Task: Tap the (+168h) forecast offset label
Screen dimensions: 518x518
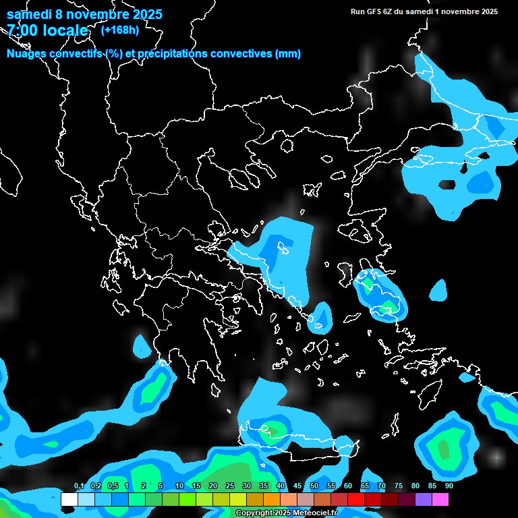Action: point(119,30)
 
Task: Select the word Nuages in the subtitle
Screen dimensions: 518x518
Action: point(25,54)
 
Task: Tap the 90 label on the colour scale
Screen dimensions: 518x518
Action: point(449,486)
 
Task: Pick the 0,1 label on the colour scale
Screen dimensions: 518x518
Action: point(78,486)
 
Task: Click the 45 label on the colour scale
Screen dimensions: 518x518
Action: point(297,486)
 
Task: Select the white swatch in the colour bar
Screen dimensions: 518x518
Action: point(69,499)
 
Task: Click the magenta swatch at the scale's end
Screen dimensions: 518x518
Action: point(440,499)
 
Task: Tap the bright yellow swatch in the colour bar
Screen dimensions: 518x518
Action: point(237,499)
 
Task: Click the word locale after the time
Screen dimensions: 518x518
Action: point(65,30)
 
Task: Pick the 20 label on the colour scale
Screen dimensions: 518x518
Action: point(213,486)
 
